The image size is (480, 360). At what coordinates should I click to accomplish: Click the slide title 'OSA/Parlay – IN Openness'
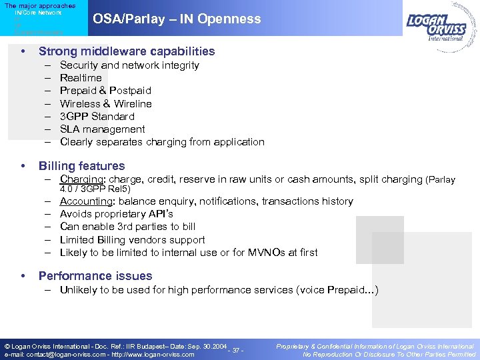pos(177,19)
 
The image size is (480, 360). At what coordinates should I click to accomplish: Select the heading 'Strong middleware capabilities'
pos(127,51)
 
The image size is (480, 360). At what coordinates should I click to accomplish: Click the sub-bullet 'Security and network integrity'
pos(129,65)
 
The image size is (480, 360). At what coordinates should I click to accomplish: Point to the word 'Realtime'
pos(81,78)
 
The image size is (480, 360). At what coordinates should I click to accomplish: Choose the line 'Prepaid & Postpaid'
pos(105,91)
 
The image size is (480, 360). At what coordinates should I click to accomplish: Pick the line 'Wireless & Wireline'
pos(105,103)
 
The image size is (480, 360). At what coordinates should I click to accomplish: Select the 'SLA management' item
pos(102,129)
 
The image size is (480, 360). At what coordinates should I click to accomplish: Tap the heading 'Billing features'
pos(81,166)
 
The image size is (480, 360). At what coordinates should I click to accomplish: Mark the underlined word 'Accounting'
pos(85,201)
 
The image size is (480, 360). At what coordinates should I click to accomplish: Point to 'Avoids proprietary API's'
pos(116,214)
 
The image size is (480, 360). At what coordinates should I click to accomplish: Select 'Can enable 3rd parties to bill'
pos(127,227)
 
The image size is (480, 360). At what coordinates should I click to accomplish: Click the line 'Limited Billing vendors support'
pos(132,240)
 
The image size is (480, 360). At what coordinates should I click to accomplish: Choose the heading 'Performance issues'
pos(95,276)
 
